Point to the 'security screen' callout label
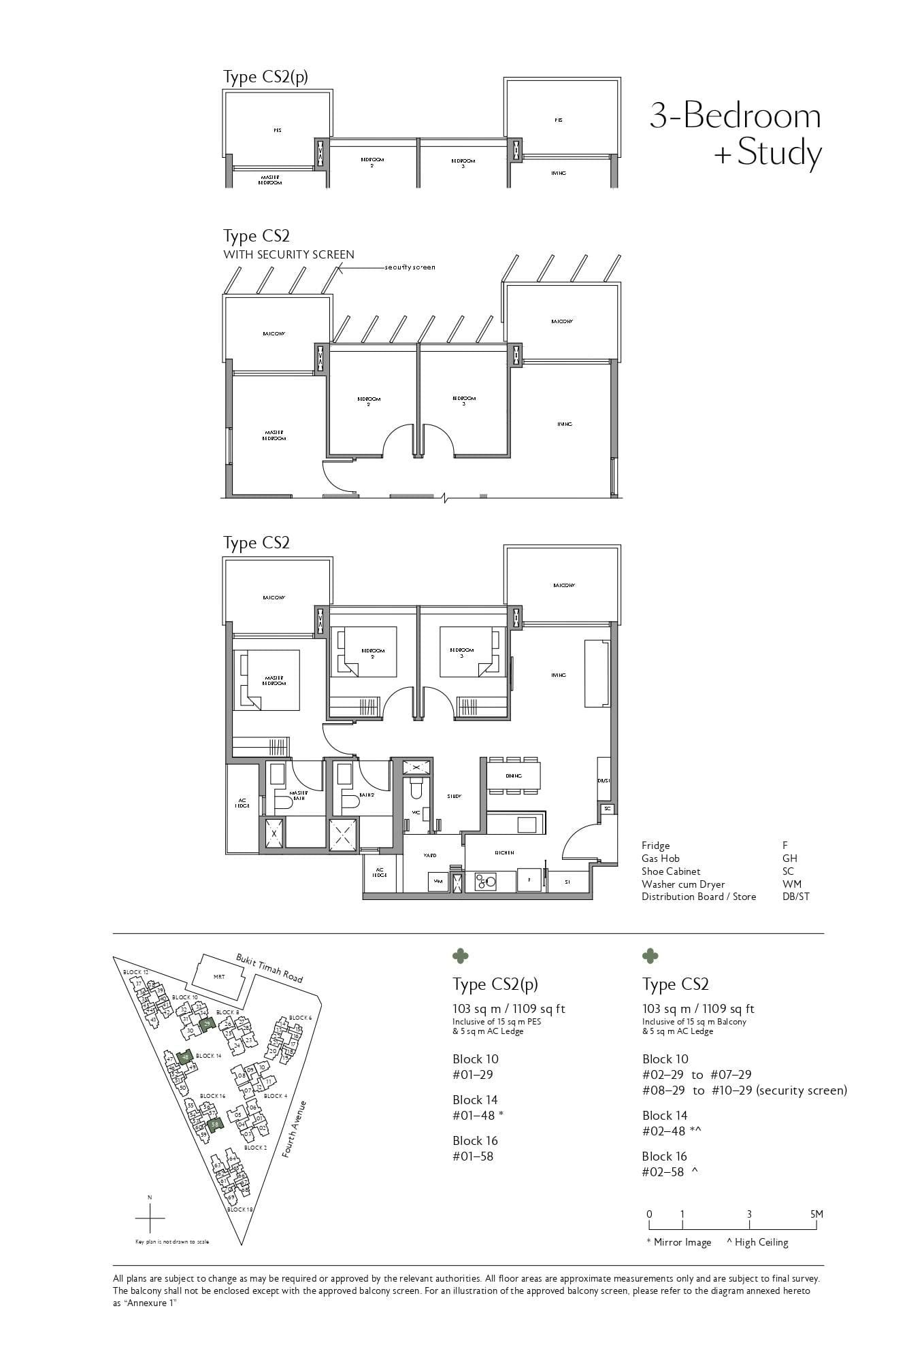[x=410, y=267]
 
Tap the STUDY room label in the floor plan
[x=455, y=796]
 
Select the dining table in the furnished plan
[x=514, y=776]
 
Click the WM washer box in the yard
[x=438, y=882]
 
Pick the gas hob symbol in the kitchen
[x=486, y=882]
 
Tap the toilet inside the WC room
[x=416, y=790]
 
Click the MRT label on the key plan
[x=219, y=977]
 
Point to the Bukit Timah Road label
[x=269, y=968]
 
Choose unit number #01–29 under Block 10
[x=473, y=1075]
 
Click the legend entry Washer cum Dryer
[x=683, y=884]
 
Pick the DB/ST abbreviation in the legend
[x=796, y=897]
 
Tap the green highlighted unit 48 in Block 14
[x=184, y=1056]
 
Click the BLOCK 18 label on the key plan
[x=240, y=1210]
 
